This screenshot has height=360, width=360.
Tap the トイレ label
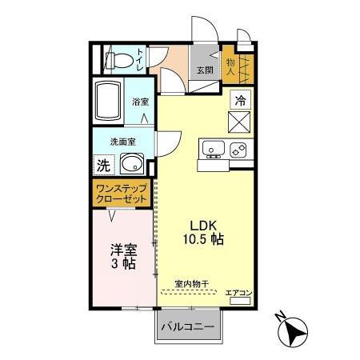pyautogui.click(x=142, y=58)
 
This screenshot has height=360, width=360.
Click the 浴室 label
pyautogui.click(x=141, y=102)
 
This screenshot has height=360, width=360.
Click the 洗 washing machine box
pyautogui.click(x=103, y=166)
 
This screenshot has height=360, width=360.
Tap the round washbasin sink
pyautogui.click(x=132, y=166)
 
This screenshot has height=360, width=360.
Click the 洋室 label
pyautogui.click(x=124, y=249)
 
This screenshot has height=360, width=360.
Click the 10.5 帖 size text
pyautogui.click(x=201, y=240)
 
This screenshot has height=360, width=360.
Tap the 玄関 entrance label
pyautogui.click(x=206, y=70)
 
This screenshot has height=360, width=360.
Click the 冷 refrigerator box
pyautogui.click(x=240, y=100)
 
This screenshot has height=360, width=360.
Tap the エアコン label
pyautogui.click(x=238, y=294)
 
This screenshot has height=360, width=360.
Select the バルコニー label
pyautogui.click(x=186, y=327)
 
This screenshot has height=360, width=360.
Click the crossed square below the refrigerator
pyautogui.click(x=240, y=123)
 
